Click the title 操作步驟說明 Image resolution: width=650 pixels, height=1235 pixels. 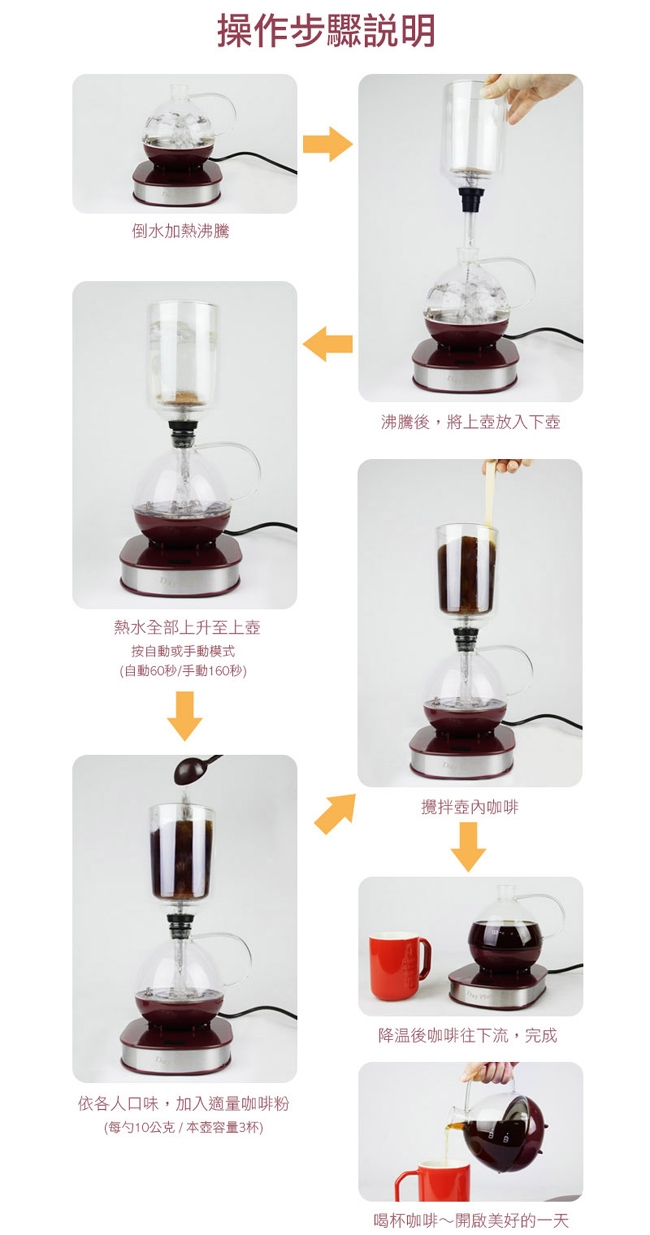click(326, 31)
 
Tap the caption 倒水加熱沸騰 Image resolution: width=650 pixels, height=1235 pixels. click(180, 230)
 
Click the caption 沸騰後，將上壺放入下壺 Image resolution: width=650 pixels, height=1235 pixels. click(470, 422)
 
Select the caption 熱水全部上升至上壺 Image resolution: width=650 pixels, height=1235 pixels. click(186, 627)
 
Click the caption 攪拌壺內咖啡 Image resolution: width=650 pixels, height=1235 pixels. click(470, 807)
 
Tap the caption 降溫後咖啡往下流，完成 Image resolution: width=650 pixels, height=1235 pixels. click(468, 1035)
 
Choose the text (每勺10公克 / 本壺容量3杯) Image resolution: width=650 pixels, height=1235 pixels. click(184, 1127)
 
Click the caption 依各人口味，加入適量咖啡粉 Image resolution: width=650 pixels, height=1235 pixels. click(184, 1103)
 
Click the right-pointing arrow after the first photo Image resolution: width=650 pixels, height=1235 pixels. click(327, 144)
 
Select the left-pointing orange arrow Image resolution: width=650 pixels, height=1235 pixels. click(327, 344)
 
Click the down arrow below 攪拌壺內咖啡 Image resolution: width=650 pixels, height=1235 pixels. click(468, 847)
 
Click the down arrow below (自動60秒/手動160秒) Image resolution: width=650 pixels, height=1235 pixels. click(185, 716)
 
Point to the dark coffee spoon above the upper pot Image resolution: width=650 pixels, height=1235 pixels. click(194, 769)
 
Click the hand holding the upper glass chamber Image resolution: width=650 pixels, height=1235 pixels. click(527, 95)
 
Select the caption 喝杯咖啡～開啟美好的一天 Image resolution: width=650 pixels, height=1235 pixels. click(470, 1221)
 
